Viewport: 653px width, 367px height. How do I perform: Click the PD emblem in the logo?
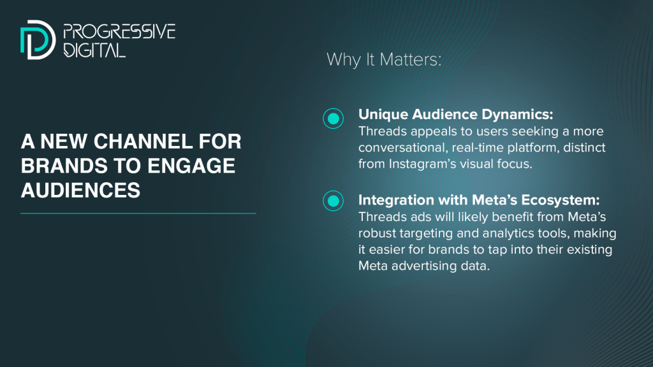click(38, 40)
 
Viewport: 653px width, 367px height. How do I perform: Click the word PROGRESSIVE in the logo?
click(119, 32)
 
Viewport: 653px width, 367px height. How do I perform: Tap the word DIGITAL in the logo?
click(94, 50)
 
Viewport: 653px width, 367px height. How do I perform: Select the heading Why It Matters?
click(383, 59)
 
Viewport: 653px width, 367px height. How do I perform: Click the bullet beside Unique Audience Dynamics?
click(333, 119)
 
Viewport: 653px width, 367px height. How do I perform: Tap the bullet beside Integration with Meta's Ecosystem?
click(333, 201)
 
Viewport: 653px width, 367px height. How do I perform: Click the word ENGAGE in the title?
click(191, 166)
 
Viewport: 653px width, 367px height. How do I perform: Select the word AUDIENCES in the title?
click(80, 190)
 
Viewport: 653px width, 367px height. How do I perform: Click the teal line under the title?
click(138, 213)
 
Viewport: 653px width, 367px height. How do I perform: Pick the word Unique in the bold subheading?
click(383, 115)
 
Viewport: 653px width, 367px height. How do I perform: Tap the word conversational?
click(402, 148)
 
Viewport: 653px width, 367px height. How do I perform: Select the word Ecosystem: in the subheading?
click(561, 200)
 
